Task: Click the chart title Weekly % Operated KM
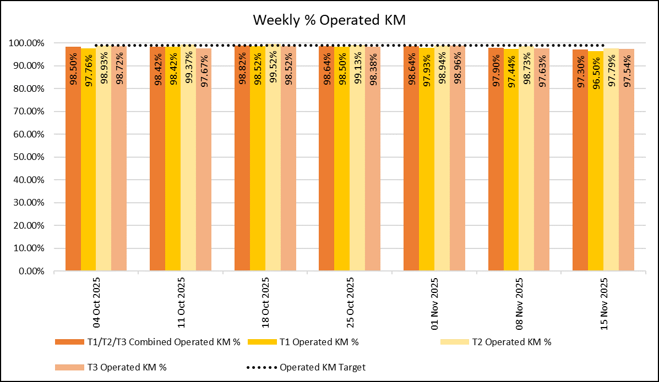pos(329,20)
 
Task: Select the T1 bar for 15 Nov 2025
pos(596,165)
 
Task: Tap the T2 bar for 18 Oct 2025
pos(273,165)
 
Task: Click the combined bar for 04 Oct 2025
pos(73,165)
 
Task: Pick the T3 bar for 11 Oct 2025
pos(204,165)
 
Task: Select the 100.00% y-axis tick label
pos(28,43)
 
